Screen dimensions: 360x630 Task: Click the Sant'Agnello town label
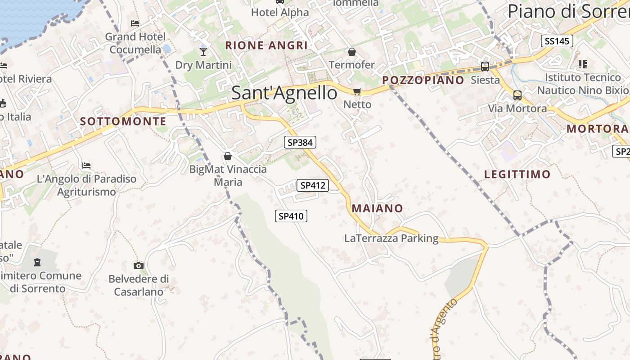[x=284, y=93]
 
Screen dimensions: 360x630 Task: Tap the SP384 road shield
[x=300, y=143]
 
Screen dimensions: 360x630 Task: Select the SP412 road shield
[x=313, y=185]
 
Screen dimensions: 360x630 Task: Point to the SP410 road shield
[x=291, y=216]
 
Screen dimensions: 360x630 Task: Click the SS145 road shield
[x=557, y=41]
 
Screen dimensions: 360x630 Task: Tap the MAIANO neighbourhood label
[x=377, y=208]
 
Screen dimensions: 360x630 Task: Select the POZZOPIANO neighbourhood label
[x=423, y=80]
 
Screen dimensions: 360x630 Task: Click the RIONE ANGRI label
[x=266, y=45]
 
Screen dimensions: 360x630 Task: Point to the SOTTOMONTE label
[x=123, y=121]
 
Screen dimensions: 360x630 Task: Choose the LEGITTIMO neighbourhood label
[x=517, y=174]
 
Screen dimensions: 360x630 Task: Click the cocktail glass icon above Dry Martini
[x=203, y=52]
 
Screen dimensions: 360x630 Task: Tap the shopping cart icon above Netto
[x=357, y=92]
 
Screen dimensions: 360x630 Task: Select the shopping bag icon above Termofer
[x=352, y=52]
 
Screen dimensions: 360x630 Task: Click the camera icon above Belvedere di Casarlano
[x=139, y=265]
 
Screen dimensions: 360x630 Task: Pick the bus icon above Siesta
[x=485, y=67]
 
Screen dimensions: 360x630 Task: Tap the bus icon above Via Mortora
[x=517, y=95]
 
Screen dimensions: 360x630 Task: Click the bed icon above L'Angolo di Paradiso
[x=86, y=166]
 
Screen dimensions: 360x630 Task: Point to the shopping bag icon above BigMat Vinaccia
[x=228, y=156]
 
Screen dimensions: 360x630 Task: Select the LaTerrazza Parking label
[x=391, y=238]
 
